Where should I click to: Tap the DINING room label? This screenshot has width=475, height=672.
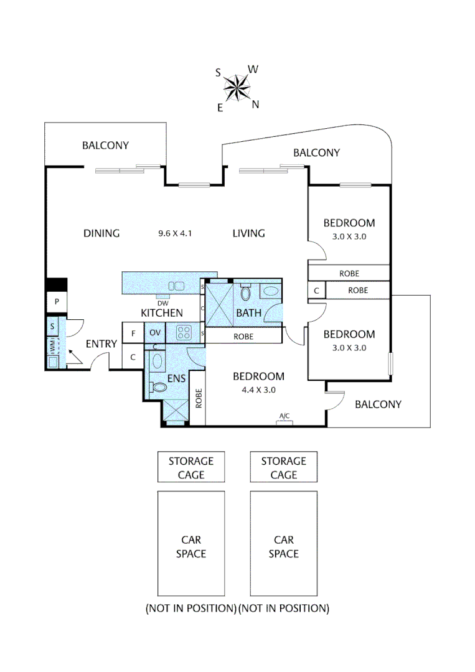tap(101, 233)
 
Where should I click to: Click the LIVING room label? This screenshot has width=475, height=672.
tap(248, 233)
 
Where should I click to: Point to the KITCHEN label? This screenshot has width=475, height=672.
tap(162, 312)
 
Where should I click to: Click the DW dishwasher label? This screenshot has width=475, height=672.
tap(162, 303)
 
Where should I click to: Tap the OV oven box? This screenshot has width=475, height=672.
tap(155, 333)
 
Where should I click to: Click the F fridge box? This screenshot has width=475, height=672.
tap(133, 333)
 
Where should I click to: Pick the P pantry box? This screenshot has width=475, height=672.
tap(57, 302)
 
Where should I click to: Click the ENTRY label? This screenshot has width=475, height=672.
tap(101, 344)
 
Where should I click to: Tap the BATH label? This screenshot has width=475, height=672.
tap(248, 313)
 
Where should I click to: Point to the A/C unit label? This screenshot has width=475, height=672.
tap(285, 416)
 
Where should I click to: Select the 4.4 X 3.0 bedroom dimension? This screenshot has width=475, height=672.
tap(258, 390)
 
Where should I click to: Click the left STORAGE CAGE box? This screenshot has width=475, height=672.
tap(190, 467)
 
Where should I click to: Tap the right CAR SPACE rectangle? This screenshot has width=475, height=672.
tap(284, 546)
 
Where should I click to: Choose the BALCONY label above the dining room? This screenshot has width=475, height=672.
tap(105, 146)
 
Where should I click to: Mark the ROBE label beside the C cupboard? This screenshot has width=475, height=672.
tap(357, 290)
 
